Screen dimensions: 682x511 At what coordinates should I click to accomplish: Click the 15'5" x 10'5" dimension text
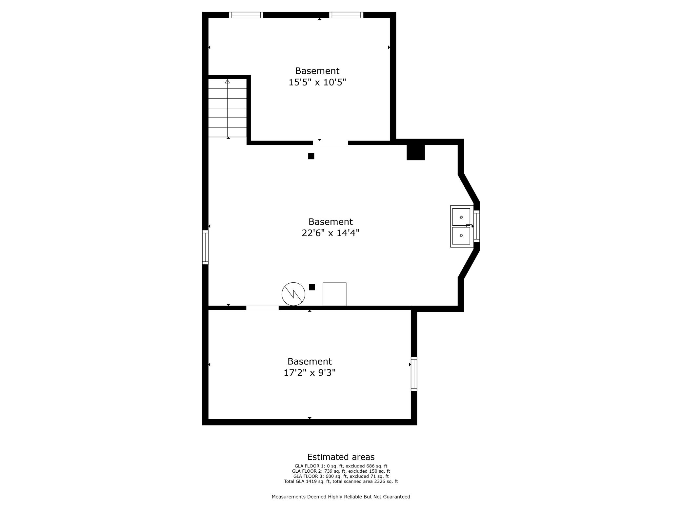click(317, 82)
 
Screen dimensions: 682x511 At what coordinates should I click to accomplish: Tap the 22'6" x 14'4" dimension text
click(331, 233)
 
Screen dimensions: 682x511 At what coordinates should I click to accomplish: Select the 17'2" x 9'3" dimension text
click(310, 373)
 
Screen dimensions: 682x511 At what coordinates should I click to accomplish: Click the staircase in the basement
click(228, 108)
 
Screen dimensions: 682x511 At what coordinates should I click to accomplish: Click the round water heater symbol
click(293, 294)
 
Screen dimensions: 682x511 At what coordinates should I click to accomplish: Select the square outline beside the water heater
click(334, 294)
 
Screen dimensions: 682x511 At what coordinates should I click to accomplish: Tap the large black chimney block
click(416, 152)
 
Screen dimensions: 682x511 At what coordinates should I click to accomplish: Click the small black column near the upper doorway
click(311, 156)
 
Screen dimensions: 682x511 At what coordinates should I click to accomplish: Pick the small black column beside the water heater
click(312, 287)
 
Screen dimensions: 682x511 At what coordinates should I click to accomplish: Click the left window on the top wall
click(246, 15)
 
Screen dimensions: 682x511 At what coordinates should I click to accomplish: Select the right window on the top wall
click(346, 15)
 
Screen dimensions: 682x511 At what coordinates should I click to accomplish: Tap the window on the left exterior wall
click(205, 247)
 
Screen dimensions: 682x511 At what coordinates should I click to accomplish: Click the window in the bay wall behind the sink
click(477, 226)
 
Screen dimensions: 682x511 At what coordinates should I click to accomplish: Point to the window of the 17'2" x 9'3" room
click(414, 374)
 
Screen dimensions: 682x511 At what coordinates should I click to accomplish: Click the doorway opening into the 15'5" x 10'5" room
click(331, 143)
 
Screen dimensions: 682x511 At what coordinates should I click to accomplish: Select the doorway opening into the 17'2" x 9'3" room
click(262, 308)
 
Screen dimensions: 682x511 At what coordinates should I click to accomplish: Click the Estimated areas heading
click(341, 457)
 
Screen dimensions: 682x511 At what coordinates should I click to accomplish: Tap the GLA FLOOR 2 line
click(341, 471)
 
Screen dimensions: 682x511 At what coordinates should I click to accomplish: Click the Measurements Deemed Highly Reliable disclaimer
click(341, 497)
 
